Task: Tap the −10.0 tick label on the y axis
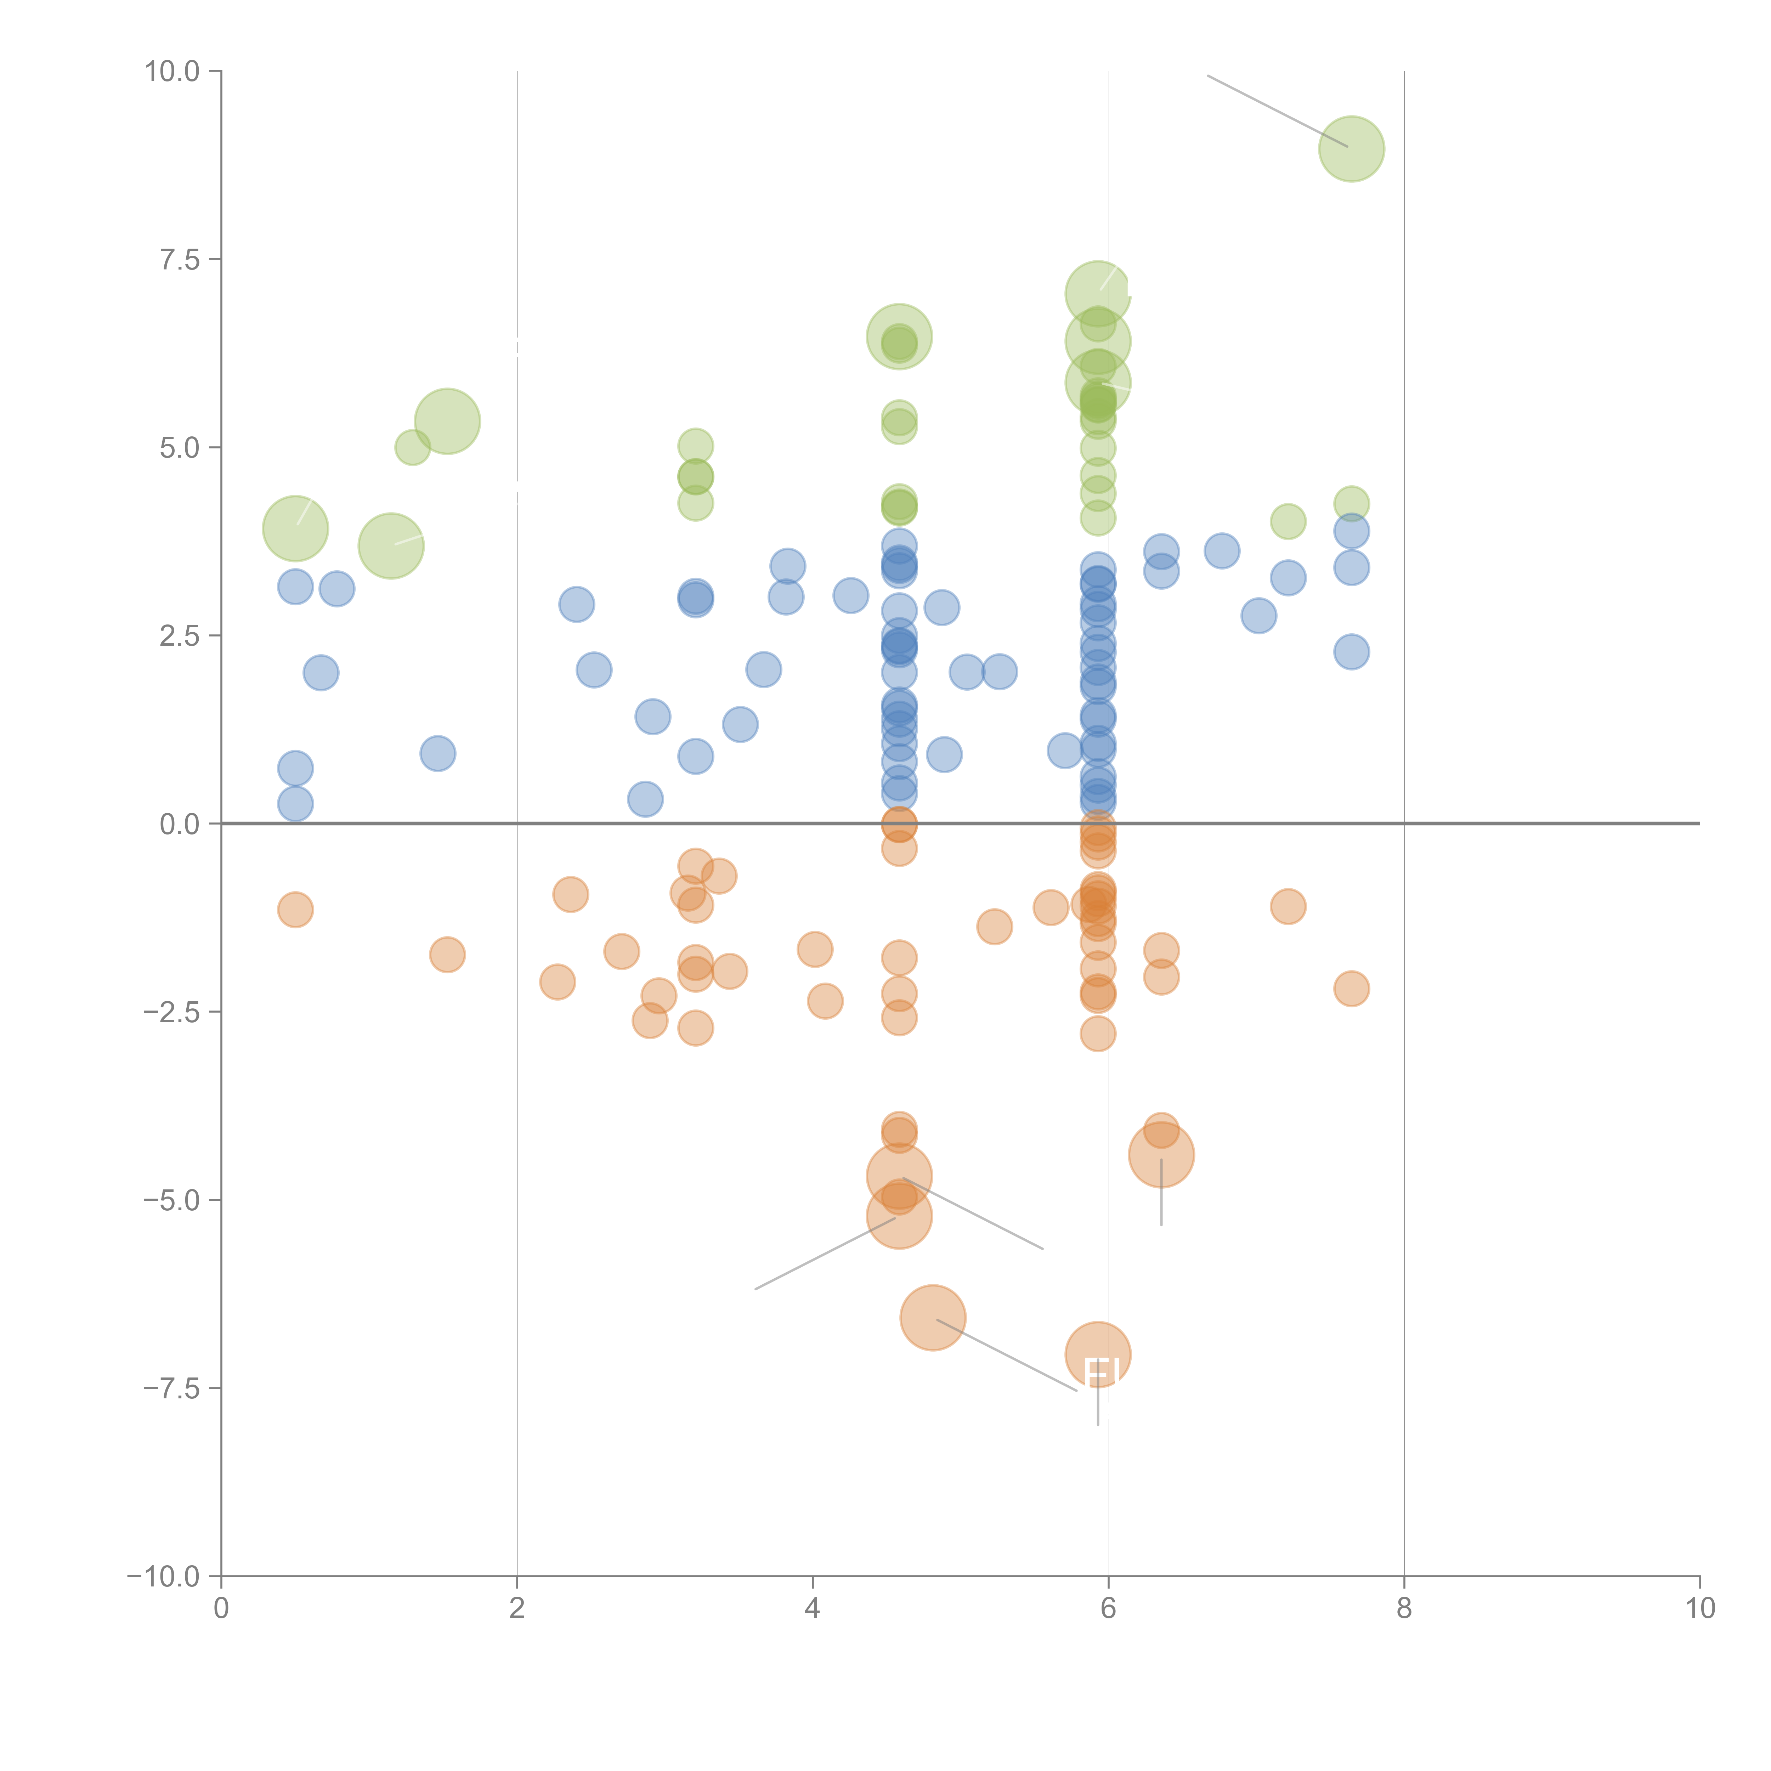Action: pyautogui.click(x=163, y=1577)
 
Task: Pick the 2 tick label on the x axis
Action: pyautogui.click(x=517, y=1609)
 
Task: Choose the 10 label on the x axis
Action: pyautogui.click(x=1699, y=1609)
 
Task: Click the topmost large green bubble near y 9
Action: pyautogui.click(x=1351, y=148)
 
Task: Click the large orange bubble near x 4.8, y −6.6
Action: pyautogui.click(x=932, y=1317)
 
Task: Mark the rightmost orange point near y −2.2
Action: pyautogui.click(x=1351, y=988)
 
